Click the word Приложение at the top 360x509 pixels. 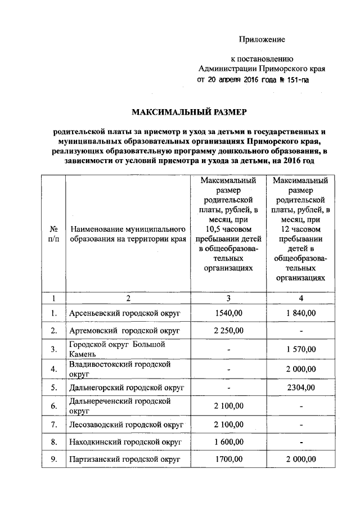point(262,39)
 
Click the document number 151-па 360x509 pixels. point(294,80)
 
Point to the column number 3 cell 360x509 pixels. point(228,298)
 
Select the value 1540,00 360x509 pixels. point(228,313)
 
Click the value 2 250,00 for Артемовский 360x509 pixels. point(228,330)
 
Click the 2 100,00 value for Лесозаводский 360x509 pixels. point(228,424)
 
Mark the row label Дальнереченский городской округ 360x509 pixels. point(119,406)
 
